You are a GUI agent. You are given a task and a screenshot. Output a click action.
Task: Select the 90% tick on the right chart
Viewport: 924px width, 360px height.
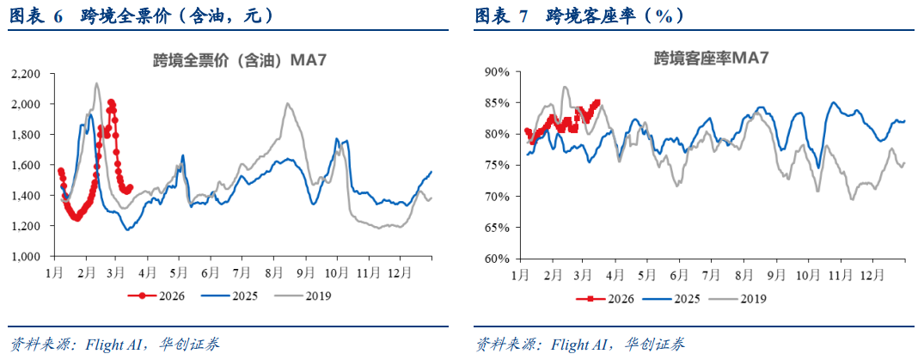coord(499,72)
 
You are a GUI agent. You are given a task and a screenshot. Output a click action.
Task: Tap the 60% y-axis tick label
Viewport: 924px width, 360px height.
coord(499,259)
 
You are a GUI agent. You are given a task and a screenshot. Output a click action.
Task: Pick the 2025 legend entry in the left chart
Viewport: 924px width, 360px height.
coord(224,296)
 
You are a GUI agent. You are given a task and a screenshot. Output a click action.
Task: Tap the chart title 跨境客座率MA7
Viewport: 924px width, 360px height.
coord(711,58)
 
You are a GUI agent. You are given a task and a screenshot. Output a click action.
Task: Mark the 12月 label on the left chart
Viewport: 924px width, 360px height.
coord(399,272)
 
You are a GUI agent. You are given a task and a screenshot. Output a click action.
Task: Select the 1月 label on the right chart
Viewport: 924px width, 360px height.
coord(519,275)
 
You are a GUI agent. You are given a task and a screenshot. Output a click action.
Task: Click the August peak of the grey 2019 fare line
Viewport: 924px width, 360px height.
coord(287,104)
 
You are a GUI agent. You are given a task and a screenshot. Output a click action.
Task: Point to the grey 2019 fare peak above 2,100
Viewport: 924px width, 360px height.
coord(96,83)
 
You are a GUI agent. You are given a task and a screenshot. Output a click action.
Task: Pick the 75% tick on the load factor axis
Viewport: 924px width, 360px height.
coord(499,166)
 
